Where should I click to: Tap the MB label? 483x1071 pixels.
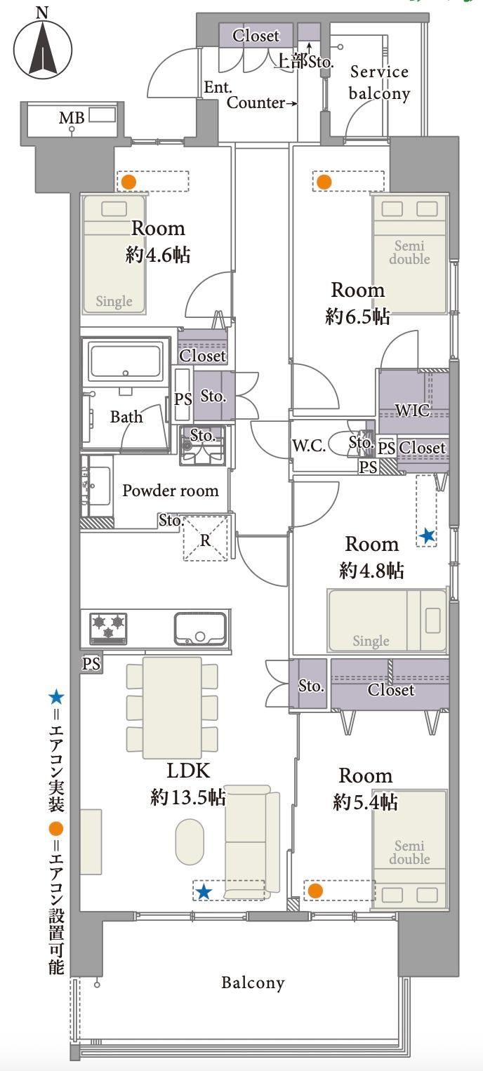(x=72, y=118)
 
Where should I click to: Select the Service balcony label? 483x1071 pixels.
(x=379, y=83)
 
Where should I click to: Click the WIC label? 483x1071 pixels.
(x=412, y=411)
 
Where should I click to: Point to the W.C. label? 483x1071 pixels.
(x=309, y=446)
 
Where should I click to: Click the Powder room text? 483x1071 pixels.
(x=171, y=491)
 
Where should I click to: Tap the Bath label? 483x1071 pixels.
(x=126, y=417)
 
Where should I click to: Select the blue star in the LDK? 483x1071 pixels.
(x=204, y=892)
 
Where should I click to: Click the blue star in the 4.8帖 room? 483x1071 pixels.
(x=427, y=536)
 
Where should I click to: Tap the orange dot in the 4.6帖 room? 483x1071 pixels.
(x=128, y=182)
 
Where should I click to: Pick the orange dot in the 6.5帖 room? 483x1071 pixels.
(x=324, y=182)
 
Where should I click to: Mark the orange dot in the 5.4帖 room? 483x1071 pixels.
(x=315, y=891)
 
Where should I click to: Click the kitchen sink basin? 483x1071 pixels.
(x=200, y=628)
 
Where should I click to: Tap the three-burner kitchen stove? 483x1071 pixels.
(x=109, y=628)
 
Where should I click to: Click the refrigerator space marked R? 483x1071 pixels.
(x=206, y=538)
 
